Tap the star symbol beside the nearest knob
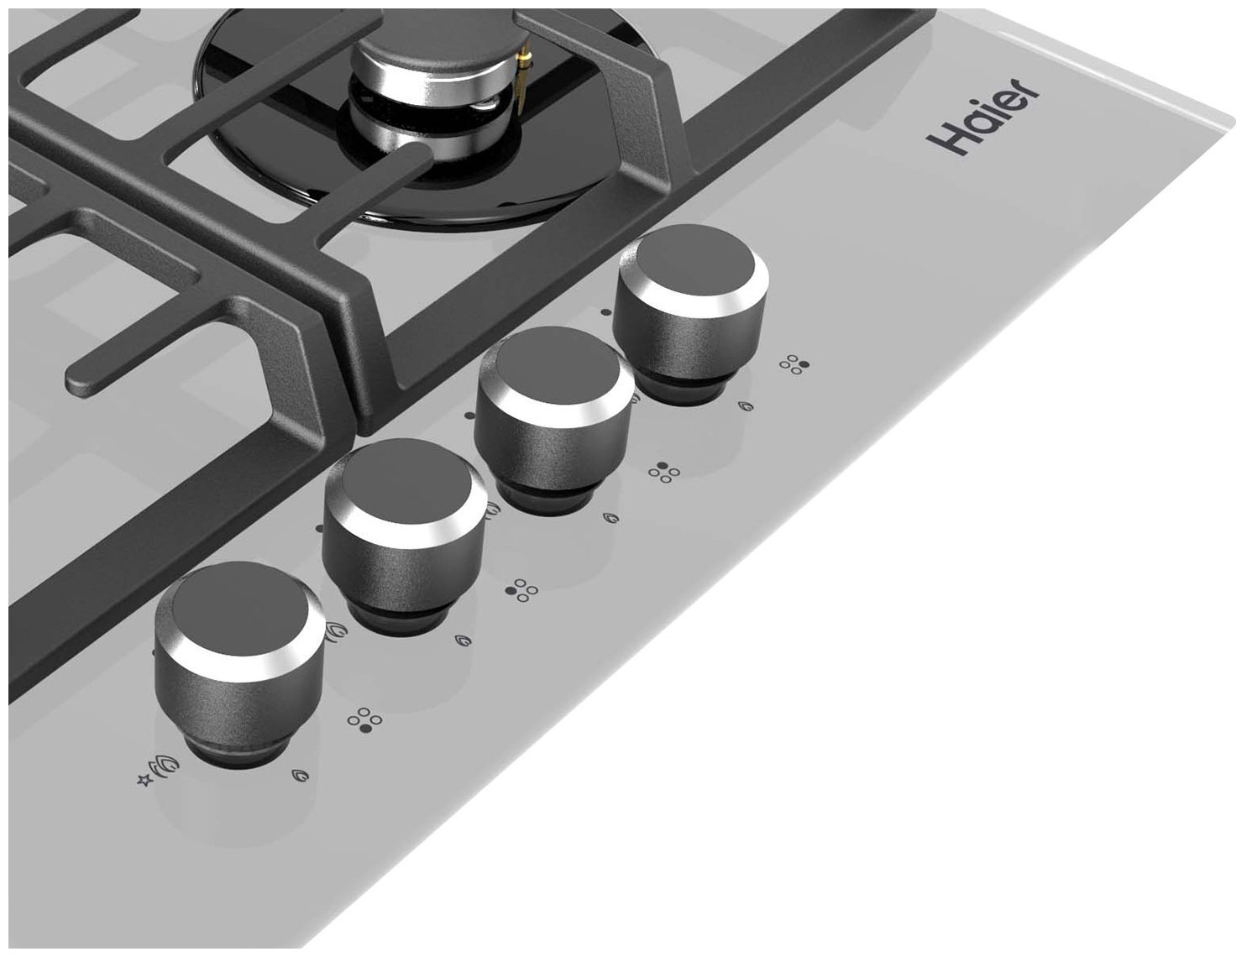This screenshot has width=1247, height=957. (144, 780)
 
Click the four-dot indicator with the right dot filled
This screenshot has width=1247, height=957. (794, 364)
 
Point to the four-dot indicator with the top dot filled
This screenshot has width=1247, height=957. (664, 472)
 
